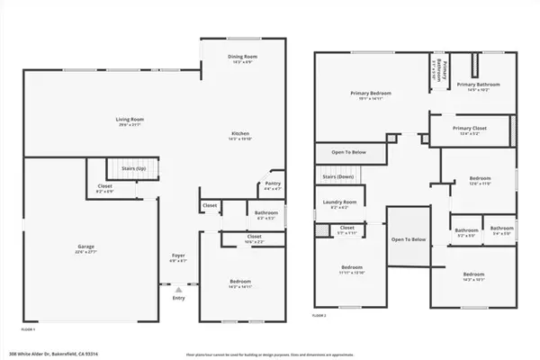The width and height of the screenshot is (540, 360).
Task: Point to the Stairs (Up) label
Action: [133, 167]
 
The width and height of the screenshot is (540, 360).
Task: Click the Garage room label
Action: [85, 247]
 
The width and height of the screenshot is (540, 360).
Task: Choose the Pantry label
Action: [272, 184]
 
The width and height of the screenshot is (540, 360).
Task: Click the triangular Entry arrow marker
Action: [178, 291]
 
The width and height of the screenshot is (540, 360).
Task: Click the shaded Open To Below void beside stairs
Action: [409, 239]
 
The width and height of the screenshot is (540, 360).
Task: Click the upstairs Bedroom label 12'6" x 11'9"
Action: [477, 179]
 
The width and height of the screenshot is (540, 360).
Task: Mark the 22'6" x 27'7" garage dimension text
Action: [85, 253]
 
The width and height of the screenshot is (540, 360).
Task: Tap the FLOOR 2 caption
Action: [319, 316]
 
